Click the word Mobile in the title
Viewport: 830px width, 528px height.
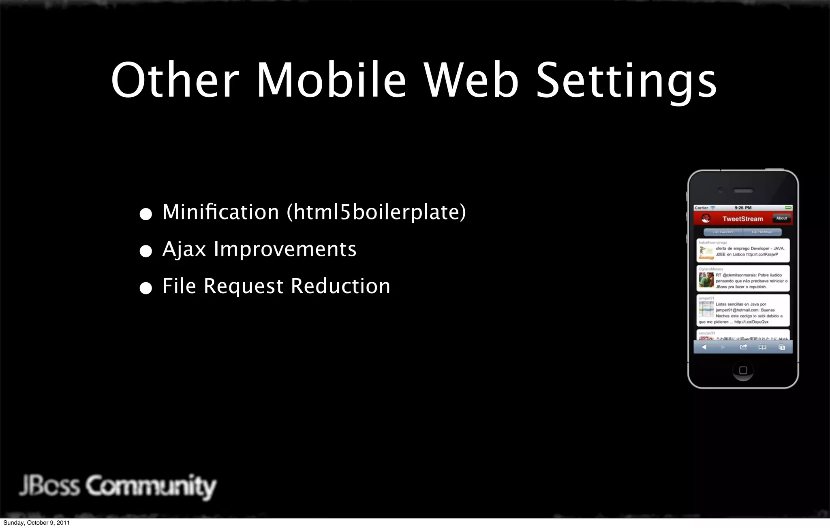(331, 80)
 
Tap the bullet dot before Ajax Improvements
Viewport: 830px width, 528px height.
(145, 251)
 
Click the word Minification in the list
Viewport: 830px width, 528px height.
(221, 212)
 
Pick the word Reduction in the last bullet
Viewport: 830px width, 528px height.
(340, 286)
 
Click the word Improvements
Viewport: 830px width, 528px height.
(285, 249)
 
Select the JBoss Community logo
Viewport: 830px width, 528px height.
(118, 486)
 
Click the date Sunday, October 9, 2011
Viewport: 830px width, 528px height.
(36, 523)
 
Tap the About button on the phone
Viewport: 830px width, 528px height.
(781, 218)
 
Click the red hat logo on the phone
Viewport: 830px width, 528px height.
(706, 219)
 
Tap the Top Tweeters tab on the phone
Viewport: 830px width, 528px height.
(723, 232)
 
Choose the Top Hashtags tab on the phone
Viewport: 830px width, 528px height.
(762, 232)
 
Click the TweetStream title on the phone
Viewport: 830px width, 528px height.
(742, 219)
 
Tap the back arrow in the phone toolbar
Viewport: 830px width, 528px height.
(704, 347)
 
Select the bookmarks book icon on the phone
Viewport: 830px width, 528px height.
(762, 347)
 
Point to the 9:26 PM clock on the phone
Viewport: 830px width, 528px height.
(743, 208)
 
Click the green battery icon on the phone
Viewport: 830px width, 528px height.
(788, 208)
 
